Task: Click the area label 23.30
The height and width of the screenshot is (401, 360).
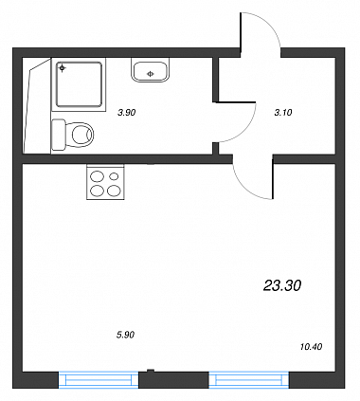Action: click(282, 285)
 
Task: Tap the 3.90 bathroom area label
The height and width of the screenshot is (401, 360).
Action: click(126, 112)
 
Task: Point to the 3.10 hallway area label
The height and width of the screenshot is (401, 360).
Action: click(283, 112)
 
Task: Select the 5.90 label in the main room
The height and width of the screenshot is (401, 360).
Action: click(126, 335)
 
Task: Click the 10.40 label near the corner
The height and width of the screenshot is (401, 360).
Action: click(312, 347)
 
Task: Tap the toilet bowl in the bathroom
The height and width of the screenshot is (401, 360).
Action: click(82, 135)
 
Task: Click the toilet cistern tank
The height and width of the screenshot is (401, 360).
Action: click(59, 135)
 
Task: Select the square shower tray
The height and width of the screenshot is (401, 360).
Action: click(80, 84)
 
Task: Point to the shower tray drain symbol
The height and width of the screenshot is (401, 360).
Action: click(63, 67)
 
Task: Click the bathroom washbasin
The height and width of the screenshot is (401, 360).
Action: click(151, 71)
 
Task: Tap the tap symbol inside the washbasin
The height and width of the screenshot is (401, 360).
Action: click(151, 74)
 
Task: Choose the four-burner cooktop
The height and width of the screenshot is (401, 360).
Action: click(105, 182)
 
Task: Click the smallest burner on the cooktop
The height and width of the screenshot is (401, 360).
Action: click(115, 175)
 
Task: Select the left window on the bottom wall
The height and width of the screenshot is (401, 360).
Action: click(99, 380)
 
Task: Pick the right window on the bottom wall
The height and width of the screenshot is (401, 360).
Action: click(249, 380)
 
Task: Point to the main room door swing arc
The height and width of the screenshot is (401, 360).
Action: click(244, 187)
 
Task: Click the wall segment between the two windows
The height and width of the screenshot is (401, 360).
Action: click(173, 379)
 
